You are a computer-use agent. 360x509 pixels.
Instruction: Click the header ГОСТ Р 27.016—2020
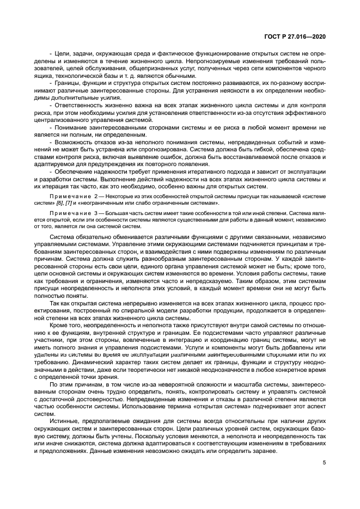pyautogui.click(x=295, y=36)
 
